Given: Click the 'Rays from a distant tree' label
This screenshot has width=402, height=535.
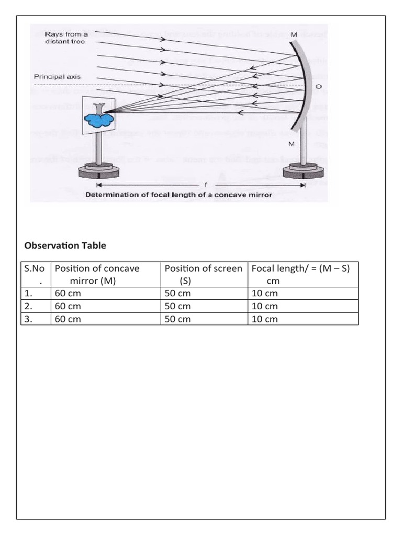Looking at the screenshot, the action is click(x=59, y=38).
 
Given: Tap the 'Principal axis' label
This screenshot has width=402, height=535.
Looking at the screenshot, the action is click(x=57, y=77).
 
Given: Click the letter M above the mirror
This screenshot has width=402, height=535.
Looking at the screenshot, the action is click(x=294, y=34).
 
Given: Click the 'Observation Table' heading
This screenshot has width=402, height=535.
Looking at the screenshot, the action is click(x=65, y=245).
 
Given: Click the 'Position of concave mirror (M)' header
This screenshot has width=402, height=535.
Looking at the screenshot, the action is click(x=97, y=274).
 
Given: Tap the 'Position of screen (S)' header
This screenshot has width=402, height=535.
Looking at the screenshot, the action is click(x=203, y=274).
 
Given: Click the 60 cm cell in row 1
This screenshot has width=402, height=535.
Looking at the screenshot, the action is click(x=68, y=294).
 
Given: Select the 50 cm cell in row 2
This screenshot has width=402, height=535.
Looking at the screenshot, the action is click(x=177, y=306).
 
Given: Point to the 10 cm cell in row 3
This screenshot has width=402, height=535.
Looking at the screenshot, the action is click(x=264, y=319).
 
